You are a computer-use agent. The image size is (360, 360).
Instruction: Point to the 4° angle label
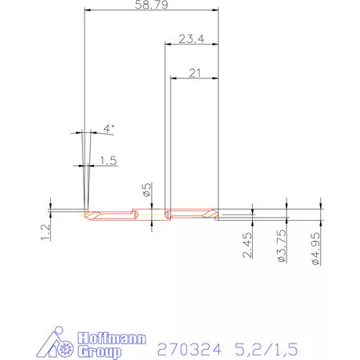[109, 128]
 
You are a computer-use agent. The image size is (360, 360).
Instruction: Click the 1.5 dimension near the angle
[108, 160]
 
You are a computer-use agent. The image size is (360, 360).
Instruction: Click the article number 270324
[188, 347]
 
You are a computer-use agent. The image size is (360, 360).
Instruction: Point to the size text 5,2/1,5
[267, 347]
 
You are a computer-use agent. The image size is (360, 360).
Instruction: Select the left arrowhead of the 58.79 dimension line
[86, 11]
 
